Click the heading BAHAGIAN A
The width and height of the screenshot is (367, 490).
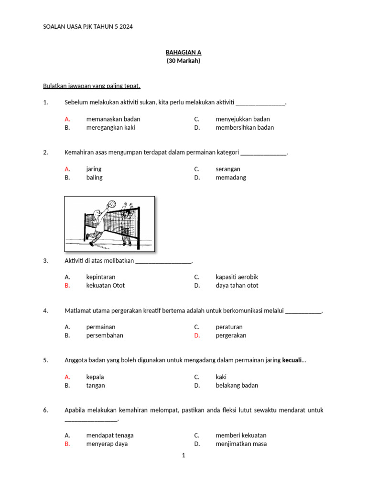click(183, 52)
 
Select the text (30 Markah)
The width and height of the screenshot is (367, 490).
click(183, 61)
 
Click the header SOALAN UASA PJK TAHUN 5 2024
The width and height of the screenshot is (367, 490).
click(88, 27)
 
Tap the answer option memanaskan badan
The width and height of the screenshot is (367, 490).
click(113, 119)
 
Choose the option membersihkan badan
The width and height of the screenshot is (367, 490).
click(245, 128)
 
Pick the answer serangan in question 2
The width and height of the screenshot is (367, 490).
click(228, 169)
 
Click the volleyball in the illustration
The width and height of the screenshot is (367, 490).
click(111, 204)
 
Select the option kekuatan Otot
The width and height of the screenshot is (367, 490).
click(105, 286)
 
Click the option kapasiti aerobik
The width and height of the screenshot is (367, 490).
click(237, 277)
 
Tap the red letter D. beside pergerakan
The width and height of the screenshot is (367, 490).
click(196, 335)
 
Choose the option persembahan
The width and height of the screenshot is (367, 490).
click(105, 335)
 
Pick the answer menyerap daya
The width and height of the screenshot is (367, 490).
click(107, 444)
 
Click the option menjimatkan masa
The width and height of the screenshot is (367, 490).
click(241, 444)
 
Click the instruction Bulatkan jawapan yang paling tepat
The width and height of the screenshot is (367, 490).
click(92, 86)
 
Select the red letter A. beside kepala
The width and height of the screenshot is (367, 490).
click(67, 377)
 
